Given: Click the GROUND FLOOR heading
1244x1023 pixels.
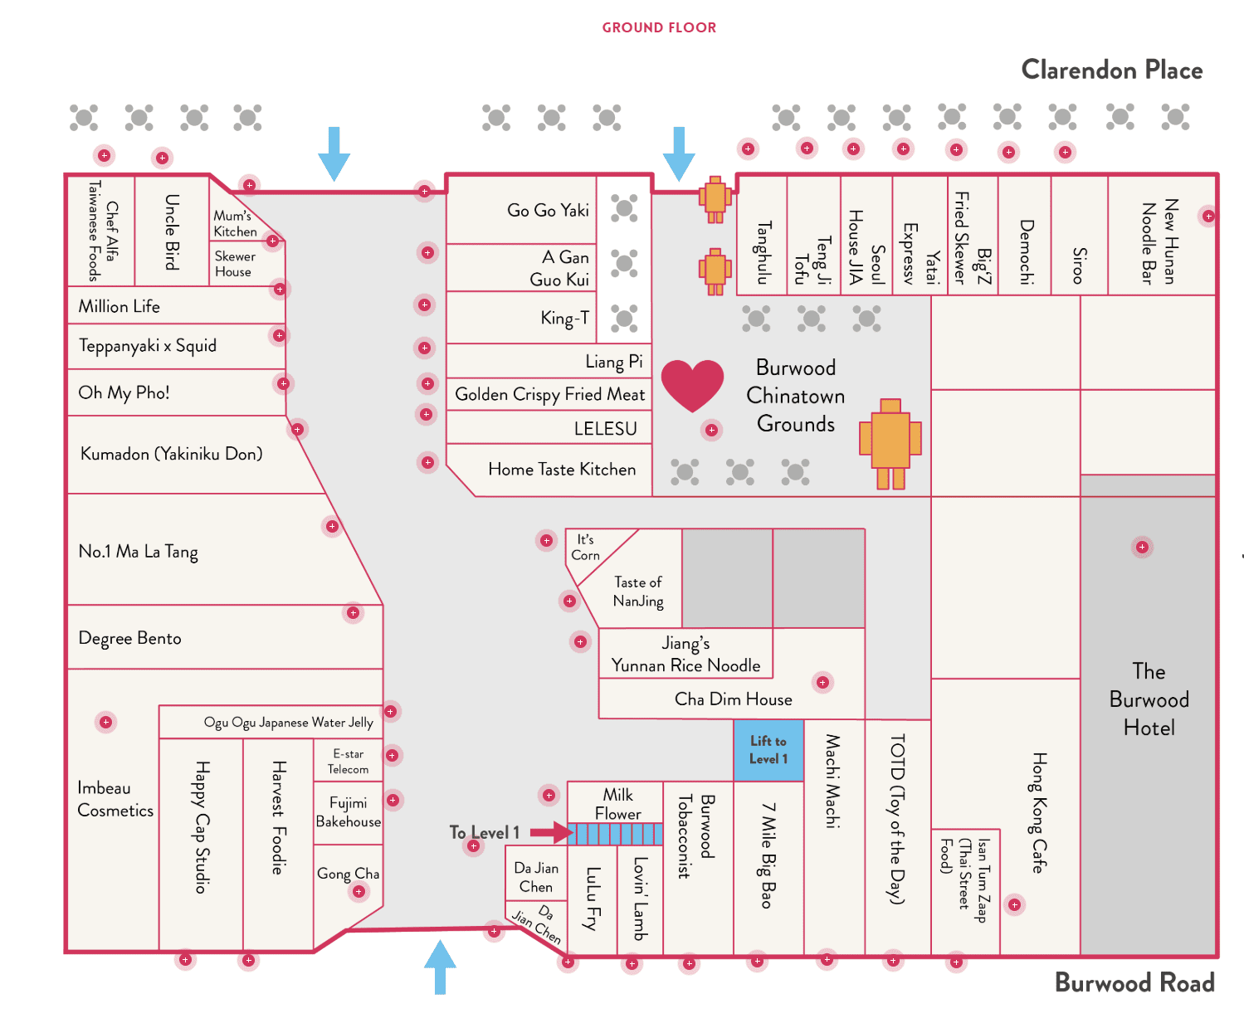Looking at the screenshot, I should pos(659,27).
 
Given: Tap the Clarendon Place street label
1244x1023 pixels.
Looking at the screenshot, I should pos(1111,70).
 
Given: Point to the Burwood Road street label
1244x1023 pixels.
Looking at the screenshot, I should pos(1134,982).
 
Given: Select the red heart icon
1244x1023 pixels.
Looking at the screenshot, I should pos(693,385).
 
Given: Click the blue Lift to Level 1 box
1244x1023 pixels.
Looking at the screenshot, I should pos(768,750).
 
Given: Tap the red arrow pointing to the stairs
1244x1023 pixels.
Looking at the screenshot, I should pos(549,831).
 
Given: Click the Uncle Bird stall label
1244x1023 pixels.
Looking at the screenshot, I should pos(172,231).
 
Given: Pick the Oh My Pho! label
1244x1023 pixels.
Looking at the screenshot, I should pos(124,392).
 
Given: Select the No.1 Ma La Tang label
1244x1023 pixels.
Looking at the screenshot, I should pos(138,552).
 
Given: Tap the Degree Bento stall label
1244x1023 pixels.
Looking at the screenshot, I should pos(129,638).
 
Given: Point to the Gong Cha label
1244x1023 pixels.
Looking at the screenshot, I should pos(348,874).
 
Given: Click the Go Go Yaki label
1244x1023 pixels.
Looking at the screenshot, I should pos(548,210).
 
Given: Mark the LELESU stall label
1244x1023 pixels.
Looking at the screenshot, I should pos(605,429).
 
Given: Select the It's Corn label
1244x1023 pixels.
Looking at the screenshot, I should pos(585,548).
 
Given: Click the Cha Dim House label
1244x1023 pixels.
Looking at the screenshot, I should pos(733,699).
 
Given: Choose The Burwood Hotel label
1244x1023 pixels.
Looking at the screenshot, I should pos(1149,699).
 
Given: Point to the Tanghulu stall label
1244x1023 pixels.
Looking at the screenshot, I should pos(763,252).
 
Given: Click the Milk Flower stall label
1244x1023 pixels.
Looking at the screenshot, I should pos(617,804).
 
